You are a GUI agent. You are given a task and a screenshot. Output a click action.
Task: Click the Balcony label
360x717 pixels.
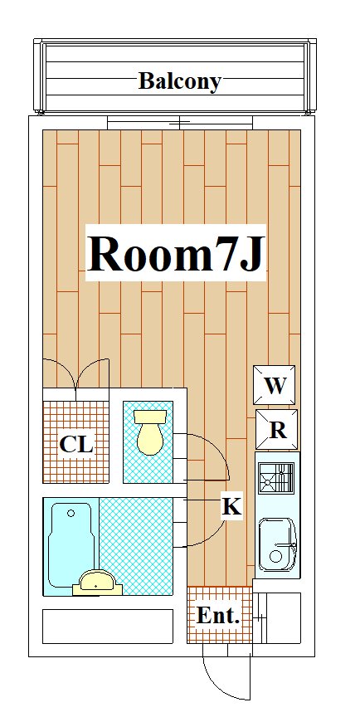[179, 81]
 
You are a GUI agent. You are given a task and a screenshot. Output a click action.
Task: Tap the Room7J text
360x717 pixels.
[176, 254]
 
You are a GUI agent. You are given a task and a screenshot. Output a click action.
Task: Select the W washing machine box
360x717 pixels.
[274, 385]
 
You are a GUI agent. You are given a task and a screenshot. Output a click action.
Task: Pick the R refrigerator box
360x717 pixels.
[276, 429]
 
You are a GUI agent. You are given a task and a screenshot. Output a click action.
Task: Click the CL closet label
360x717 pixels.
[76, 444]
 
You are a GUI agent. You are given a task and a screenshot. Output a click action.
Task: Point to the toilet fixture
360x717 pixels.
[150, 432]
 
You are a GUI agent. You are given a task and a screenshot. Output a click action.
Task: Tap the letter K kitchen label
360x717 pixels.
[231, 506]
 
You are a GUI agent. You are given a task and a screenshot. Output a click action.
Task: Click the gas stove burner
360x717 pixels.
[276, 478]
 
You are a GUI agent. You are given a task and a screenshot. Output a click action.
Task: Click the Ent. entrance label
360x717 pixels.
[218, 616]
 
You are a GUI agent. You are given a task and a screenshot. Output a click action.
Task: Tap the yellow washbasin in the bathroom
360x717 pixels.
[97, 583]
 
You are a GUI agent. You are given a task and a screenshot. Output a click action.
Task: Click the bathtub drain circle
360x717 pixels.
[71, 513]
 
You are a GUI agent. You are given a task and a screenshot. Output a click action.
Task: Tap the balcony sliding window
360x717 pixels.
[180, 123]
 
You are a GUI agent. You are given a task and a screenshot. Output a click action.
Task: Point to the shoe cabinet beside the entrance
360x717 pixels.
[277, 617]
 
